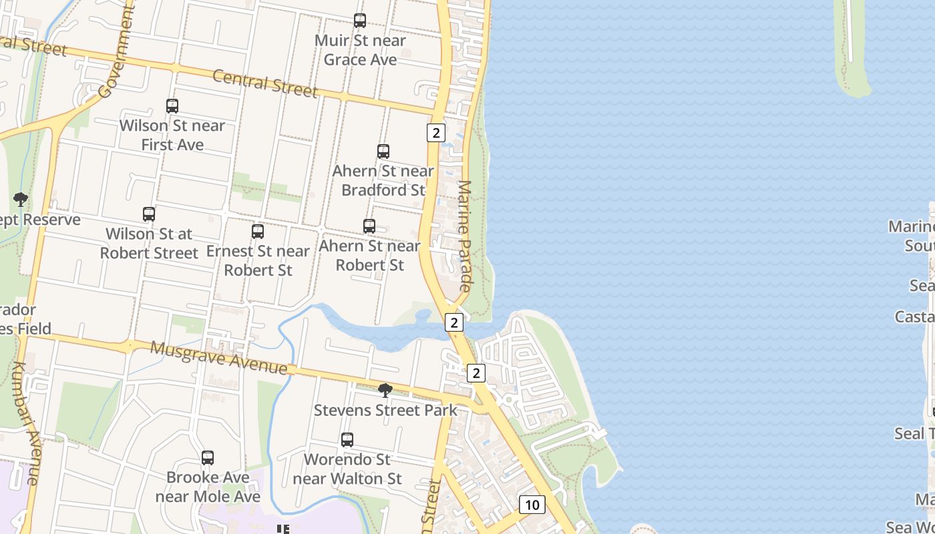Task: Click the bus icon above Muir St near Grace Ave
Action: [x=360, y=21]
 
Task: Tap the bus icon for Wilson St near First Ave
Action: [x=172, y=105]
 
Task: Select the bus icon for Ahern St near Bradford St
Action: [x=383, y=152]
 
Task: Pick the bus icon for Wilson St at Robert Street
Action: [x=149, y=214]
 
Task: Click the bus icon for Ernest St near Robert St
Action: [x=258, y=232]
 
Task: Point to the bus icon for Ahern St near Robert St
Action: [x=369, y=226]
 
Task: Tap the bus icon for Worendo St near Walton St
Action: [x=347, y=440]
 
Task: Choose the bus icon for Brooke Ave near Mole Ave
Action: [x=208, y=458]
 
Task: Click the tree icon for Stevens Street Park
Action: [x=385, y=390]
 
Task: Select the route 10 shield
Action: [x=532, y=505]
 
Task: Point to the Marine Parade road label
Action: [x=465, y=236]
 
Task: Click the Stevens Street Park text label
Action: [x=385, y=410]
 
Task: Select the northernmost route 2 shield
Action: [x=435, y=133]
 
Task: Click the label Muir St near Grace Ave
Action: [x=360, y=50]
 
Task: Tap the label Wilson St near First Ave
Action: [x=172, y=135]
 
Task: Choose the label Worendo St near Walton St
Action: [x=347, y=469]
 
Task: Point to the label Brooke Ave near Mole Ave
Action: [x=208, y=487]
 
